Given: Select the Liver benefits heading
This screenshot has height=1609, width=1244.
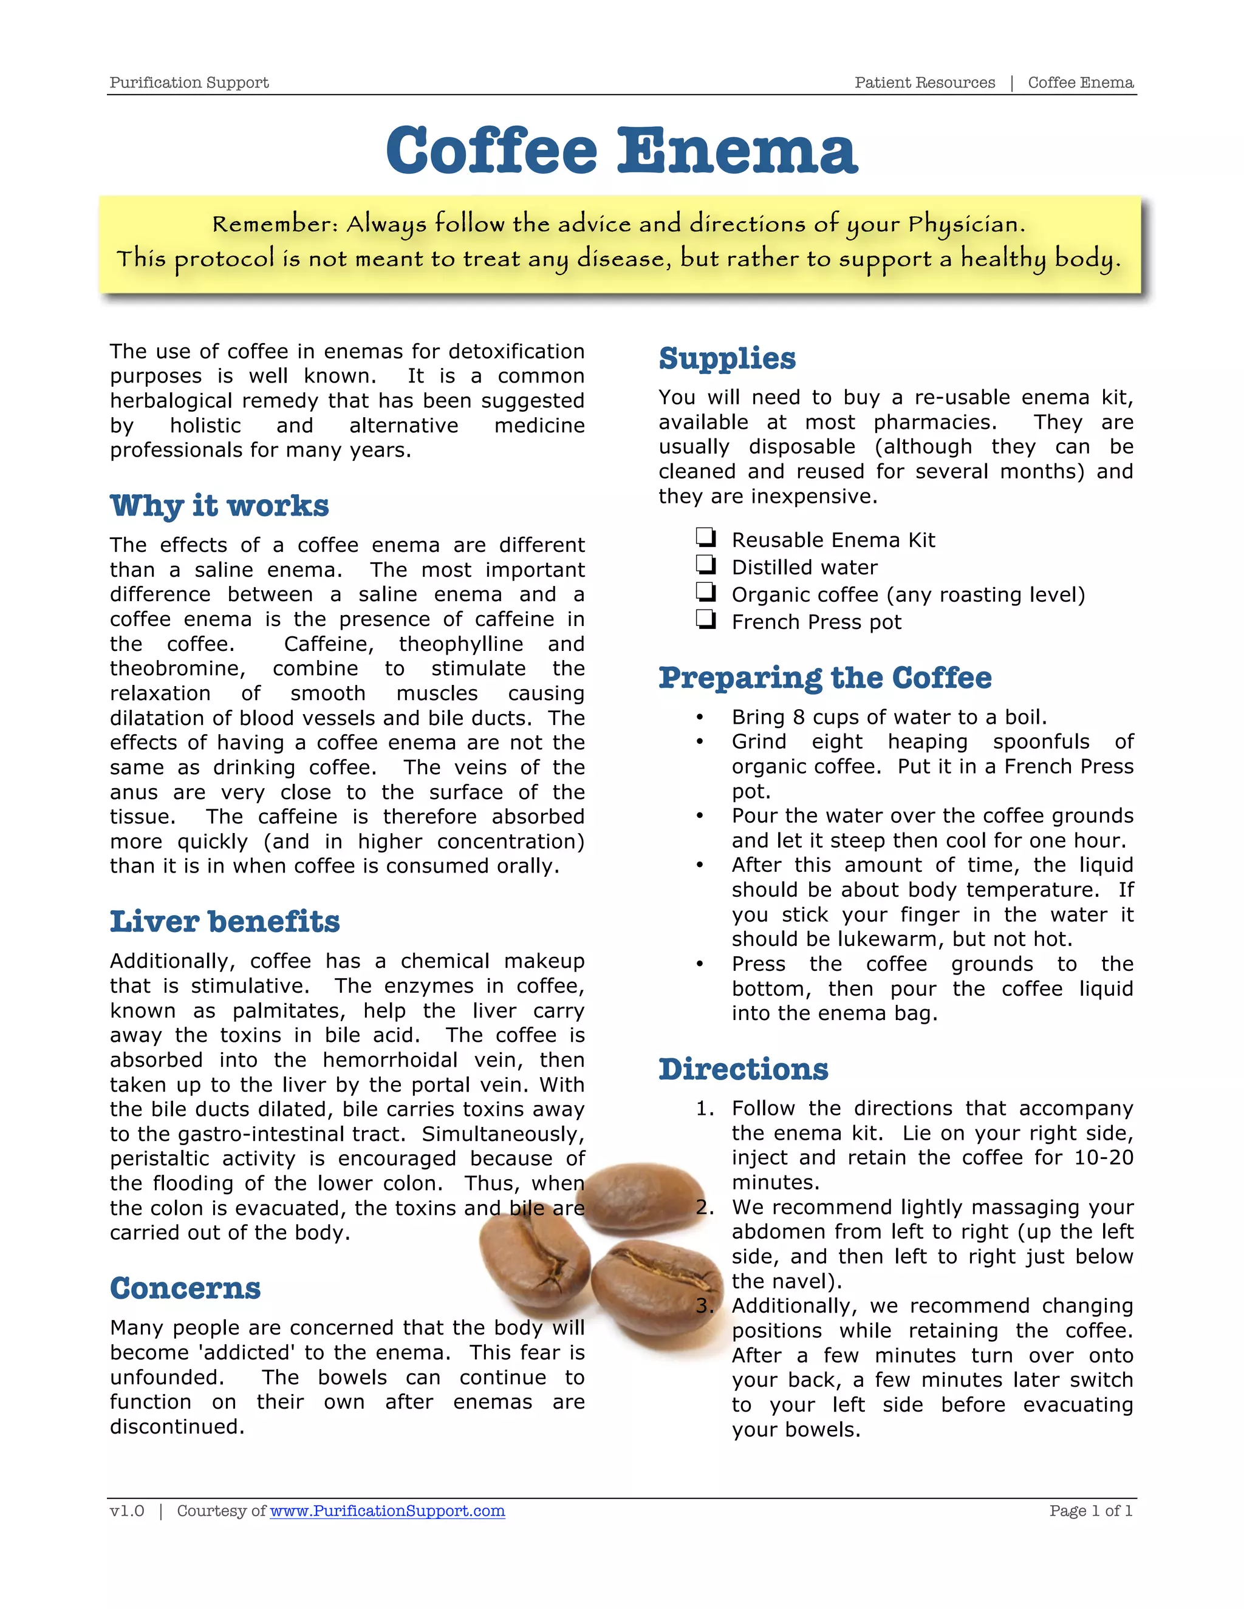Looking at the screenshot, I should [x=225, y=922].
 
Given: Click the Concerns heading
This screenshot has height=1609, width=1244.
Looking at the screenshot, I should [x=185, y=1288].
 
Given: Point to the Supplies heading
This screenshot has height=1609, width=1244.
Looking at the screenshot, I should [x=726, y=359].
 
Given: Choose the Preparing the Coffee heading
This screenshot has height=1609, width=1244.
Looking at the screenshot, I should [x=825, y=678].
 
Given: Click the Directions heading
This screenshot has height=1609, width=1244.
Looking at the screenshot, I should [x=743, y=1070].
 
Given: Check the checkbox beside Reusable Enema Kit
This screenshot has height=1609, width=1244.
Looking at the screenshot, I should [x=705, y=538].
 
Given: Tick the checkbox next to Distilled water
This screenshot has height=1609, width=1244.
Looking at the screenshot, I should [x=705, y=565].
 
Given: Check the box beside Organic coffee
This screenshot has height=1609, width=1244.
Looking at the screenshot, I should [x=705, y=593].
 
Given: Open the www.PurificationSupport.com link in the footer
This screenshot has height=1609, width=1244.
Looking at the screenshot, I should [x=387, y=1511].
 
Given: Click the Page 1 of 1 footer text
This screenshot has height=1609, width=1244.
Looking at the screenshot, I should [x=1091, y=1511].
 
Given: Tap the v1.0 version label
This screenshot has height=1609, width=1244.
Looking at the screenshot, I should [x=127, y=1511].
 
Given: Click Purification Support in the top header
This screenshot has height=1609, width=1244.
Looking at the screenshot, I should [x=189, y=83].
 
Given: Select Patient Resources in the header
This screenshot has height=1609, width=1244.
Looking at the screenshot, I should [x=924, y=83].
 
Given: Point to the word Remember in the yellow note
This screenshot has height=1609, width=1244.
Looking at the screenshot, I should [x=274, y=224].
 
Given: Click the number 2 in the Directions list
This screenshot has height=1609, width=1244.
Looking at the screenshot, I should [x=704, y=1208].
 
